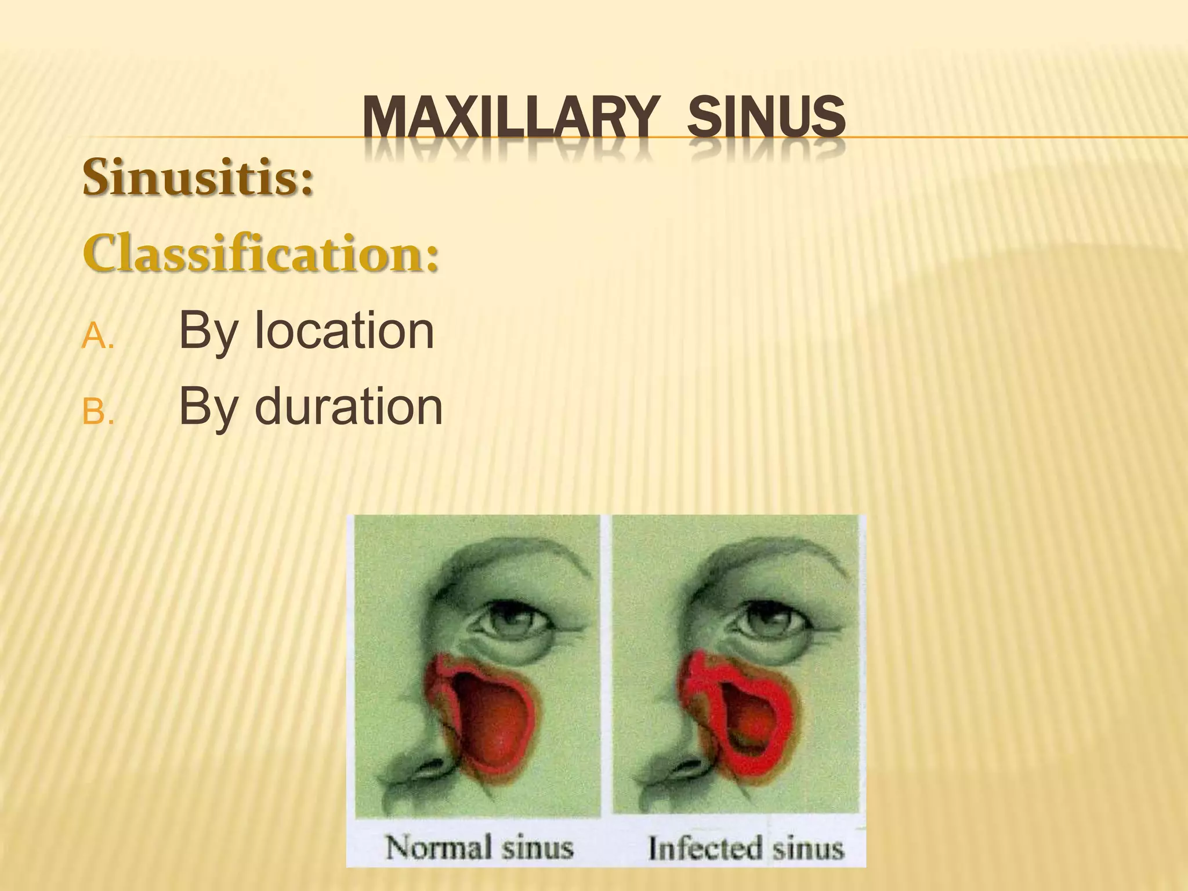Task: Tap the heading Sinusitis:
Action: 198,177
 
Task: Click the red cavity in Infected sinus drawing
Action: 748,713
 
